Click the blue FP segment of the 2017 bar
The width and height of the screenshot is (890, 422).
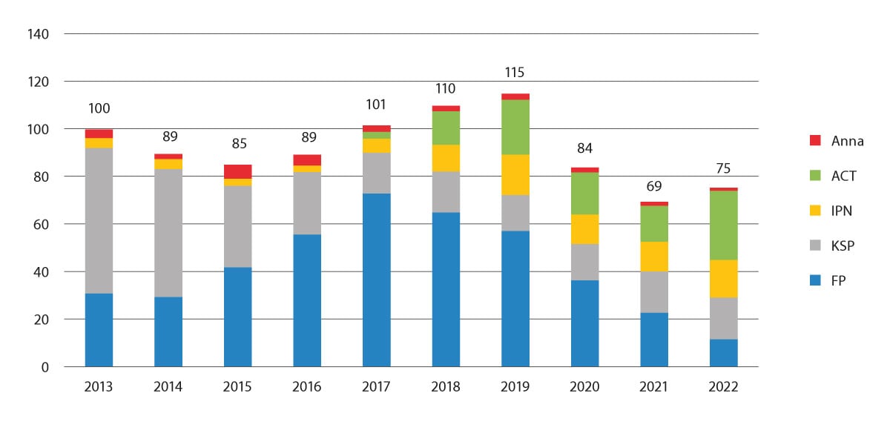376,280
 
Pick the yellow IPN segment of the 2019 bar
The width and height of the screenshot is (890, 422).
515,174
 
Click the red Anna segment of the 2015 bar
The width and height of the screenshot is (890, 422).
237,171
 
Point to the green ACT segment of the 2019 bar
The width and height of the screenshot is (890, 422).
515,127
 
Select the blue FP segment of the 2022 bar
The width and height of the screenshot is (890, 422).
723,352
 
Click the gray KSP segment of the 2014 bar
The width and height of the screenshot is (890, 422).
168,233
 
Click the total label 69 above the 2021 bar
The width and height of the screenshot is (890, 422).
653,185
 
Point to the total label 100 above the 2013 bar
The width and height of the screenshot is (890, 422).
99,108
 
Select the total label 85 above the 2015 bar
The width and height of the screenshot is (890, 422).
237,144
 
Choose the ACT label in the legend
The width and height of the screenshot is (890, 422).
844,176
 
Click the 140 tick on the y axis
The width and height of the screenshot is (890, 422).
39,34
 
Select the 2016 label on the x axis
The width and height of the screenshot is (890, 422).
307,386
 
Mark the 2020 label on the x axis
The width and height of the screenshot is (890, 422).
584,386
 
